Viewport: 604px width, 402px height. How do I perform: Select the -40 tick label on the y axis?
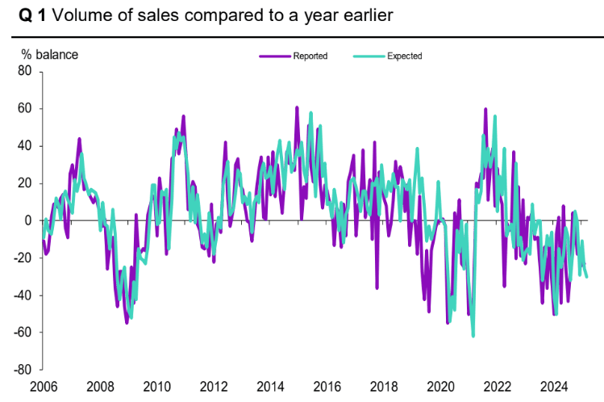23,295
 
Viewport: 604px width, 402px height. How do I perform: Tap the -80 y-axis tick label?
23,371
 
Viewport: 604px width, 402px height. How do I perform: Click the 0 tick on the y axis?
28,220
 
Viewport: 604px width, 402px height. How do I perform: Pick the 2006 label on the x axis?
44,386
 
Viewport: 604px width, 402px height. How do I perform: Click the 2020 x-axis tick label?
441,386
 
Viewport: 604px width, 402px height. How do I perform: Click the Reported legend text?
310,56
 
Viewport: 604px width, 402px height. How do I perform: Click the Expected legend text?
404,56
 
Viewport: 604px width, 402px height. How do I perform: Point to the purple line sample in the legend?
274,56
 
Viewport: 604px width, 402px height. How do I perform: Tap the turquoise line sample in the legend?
368,56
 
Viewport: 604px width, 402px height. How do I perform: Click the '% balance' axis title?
49,55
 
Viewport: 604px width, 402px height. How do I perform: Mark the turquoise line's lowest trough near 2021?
473,336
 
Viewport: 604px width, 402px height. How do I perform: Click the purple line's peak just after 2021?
485,109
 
